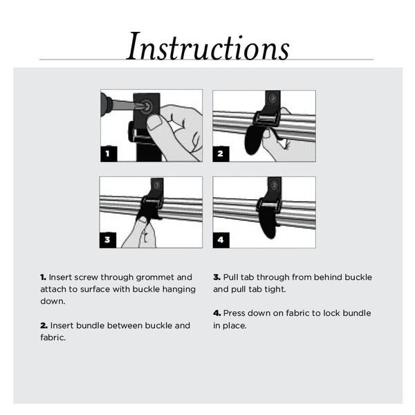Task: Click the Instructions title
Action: (x=207, y=47)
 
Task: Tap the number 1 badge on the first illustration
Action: (x=108, y=154)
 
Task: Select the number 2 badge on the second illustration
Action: (x=221, y=154)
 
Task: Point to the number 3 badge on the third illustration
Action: (x=108, y=240)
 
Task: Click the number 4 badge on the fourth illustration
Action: (x=221, y=240)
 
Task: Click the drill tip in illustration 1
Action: (x=136, y=107)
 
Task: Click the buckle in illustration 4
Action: (x=268, y=205)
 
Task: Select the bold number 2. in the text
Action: (x=44, y=325)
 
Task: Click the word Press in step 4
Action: (x=235, y=313)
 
